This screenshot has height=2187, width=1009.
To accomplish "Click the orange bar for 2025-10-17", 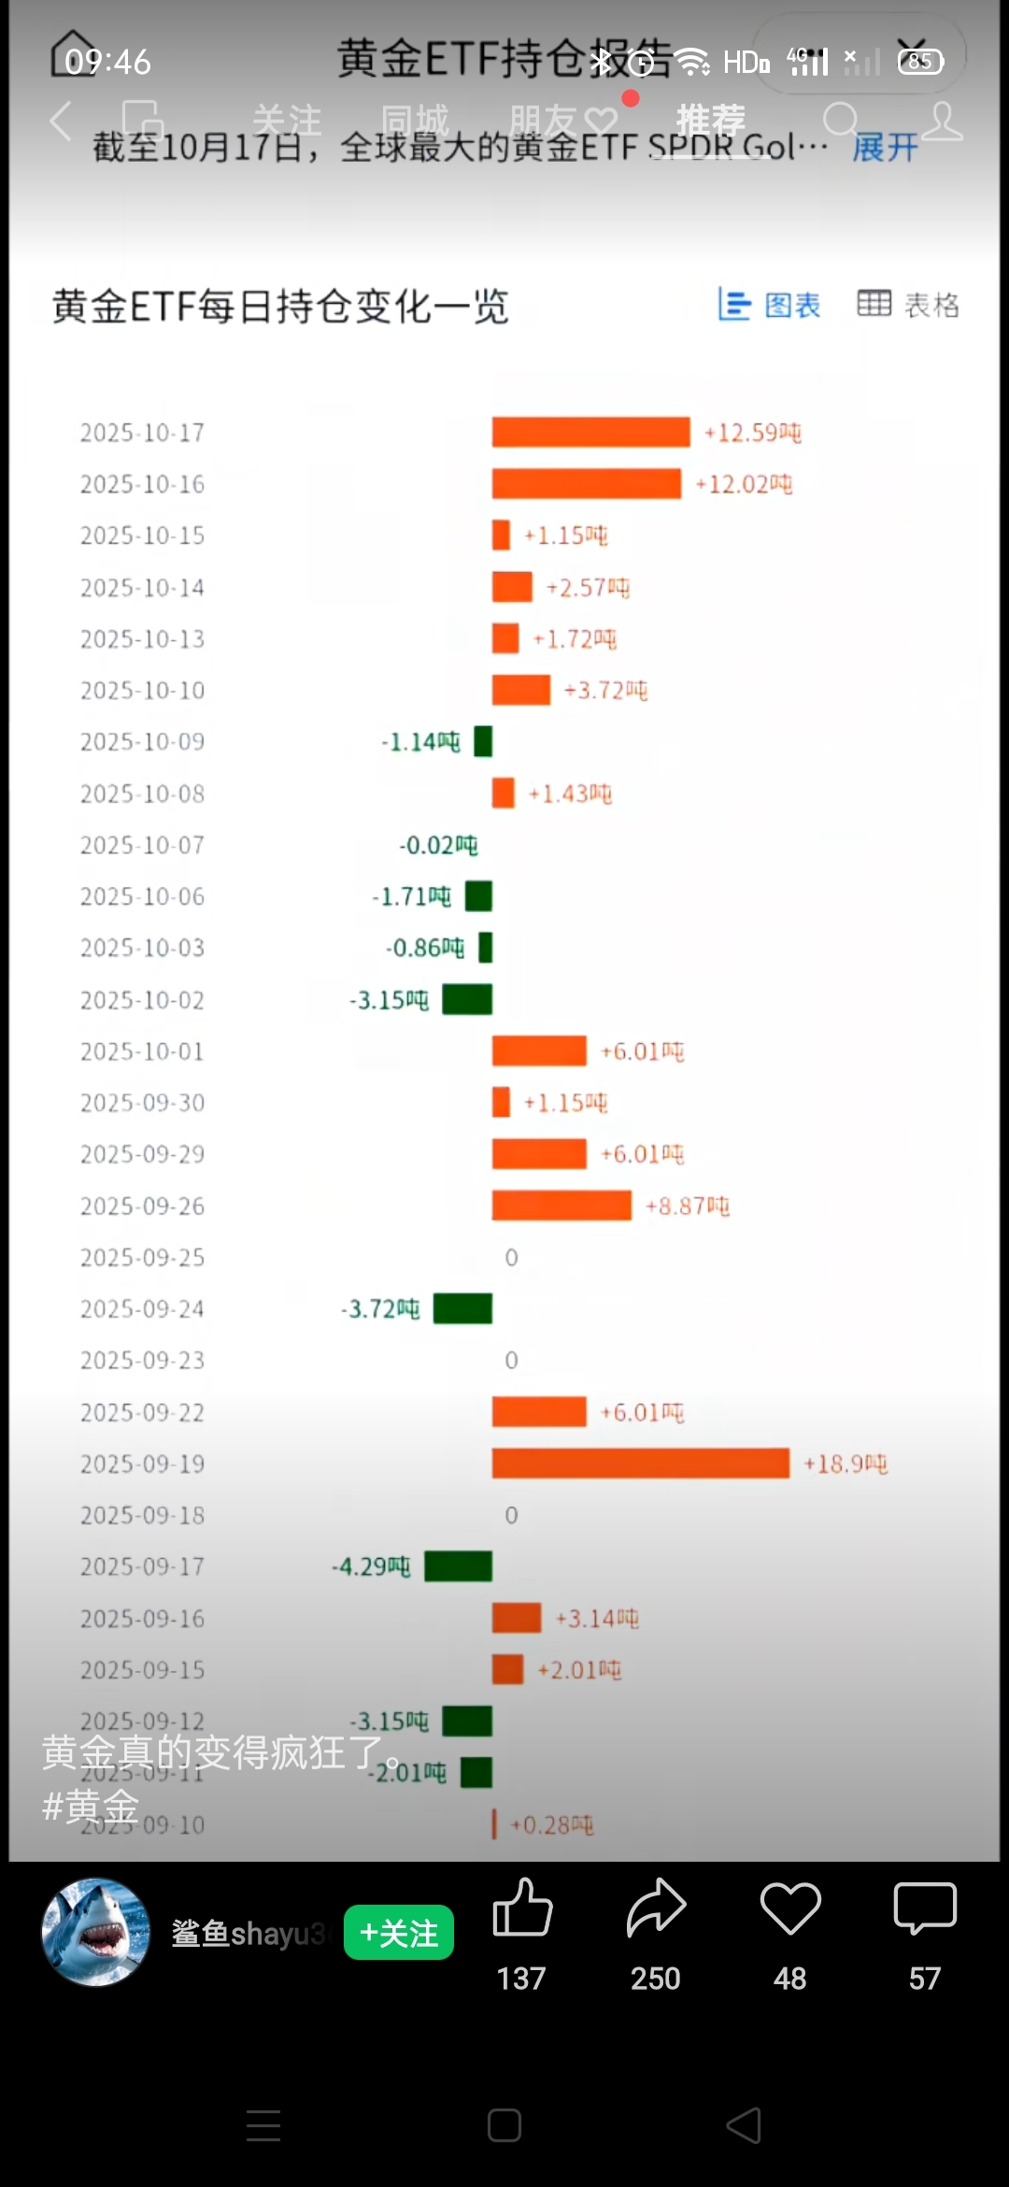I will (x=590, y=432).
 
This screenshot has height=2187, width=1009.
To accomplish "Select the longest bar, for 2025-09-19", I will (x=640, y=1463).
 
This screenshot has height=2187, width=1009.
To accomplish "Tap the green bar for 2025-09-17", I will (x=458, y=1566).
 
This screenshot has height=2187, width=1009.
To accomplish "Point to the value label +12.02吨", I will (x=744, y=484).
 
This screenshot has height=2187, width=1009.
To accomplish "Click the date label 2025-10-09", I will (x=142, y=742).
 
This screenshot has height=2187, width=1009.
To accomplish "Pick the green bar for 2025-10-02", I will (x=467, y=999).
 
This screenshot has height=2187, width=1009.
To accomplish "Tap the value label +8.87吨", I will (x=687, y=1206).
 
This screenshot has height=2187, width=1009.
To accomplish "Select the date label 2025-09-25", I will (x=142, y=1257).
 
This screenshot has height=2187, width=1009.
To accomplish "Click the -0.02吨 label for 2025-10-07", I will (x=438, y=845).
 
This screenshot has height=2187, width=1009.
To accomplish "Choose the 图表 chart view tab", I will (x=770, y=305).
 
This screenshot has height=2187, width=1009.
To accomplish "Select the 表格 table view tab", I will (x=908, y=305).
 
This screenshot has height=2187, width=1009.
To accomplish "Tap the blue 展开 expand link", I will (x=885, y=147).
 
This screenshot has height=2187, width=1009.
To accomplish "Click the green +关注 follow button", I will (x=399, y=1932).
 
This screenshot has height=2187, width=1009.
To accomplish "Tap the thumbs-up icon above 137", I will (x=522, y=1908).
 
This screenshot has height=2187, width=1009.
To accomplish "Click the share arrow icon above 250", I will (x=656, y=1908).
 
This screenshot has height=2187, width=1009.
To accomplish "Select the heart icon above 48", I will (x=790, y=1908).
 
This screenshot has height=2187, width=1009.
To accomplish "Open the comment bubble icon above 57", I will (x=925, y=1908).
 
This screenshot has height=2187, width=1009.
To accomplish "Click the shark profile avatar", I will (x=95, y=1932).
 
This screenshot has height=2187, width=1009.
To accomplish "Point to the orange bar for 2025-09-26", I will (x=561, y=1206).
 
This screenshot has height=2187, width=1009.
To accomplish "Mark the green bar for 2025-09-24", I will (x=462, y=1308).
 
